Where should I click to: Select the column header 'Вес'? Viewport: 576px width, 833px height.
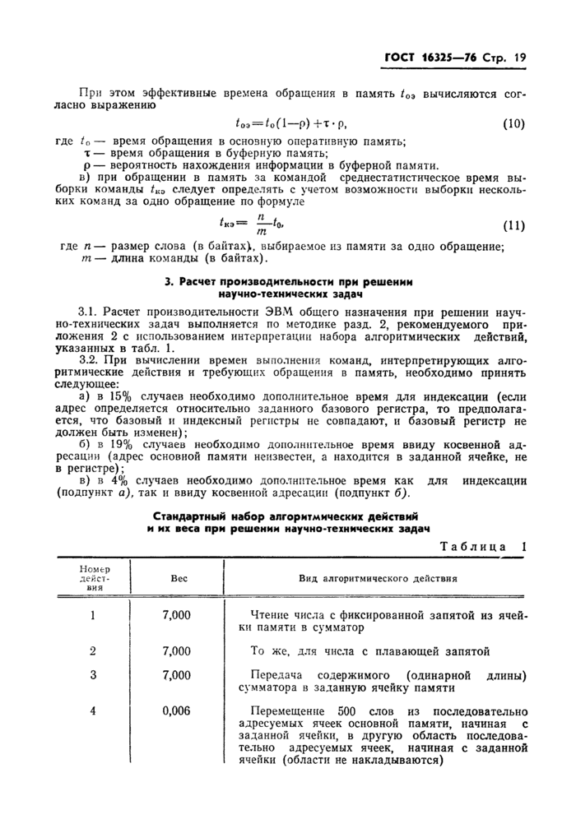click(x=179, y=578)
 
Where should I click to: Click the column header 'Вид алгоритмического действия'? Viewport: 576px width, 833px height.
click(x=378, y=578)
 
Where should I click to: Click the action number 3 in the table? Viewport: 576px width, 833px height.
click(x=93, y=674)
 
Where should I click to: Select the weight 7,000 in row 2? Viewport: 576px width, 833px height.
click(x=177, y=650)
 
